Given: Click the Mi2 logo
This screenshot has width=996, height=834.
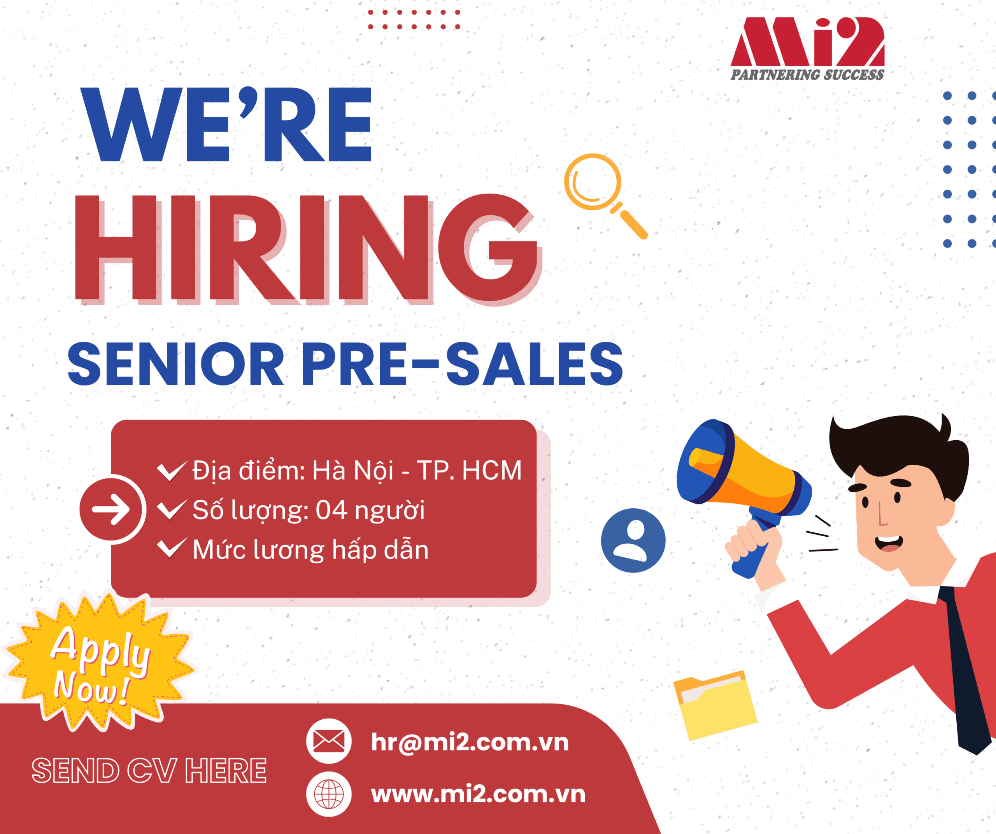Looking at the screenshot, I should pyautogui.click(x=807, y=42).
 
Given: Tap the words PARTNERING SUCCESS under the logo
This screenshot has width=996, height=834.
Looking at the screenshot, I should pyautogui.click(x=807, y=75).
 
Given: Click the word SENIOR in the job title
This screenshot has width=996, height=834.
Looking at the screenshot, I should pyautogui.click(x=175, y=364).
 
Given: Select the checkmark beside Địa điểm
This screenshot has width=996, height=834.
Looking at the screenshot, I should pyautogui.click(x=171, y=470).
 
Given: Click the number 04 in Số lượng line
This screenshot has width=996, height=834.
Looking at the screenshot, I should pyautogui.click(x=331, y=510).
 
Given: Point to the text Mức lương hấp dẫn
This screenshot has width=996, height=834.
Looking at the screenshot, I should pyautogui.click(x=310, y=550).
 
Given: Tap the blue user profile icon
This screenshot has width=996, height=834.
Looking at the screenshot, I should pyautogui.click(x=633, y=540).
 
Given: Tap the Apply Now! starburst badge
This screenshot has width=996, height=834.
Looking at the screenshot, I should pyautogui.click(x=100, y=663).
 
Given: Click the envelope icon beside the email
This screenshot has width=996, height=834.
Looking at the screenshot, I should pyautogui.click(x=329, y=741).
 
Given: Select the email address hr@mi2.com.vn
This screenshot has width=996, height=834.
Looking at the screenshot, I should pyautogui.click(x=470, y=742).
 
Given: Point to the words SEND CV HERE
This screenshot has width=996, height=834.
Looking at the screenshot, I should pyautogui.click(x=149, y=771).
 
